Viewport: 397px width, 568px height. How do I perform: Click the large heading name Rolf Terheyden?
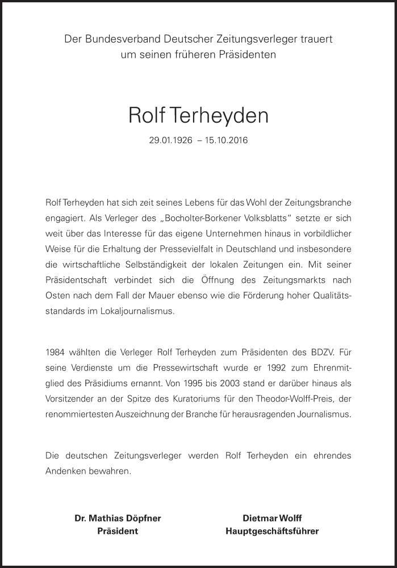198,115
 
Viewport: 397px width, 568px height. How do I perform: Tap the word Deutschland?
256,249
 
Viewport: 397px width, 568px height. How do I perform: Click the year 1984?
56,352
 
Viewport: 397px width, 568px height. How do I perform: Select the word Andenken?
64,471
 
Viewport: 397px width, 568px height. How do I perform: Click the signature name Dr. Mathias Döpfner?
118,518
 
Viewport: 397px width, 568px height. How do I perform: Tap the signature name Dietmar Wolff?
272,518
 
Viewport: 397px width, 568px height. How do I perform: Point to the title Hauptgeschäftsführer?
272,532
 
